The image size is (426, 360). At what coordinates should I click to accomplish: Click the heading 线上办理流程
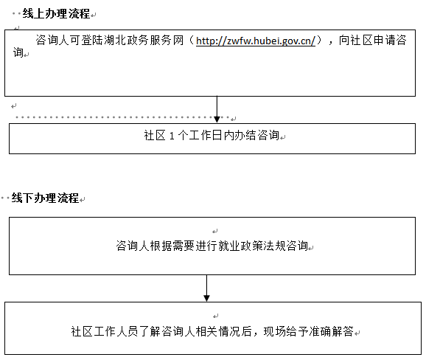coord(56,13)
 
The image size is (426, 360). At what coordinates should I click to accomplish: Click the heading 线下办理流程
coord(45,198)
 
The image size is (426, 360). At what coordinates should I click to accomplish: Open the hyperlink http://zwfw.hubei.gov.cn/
coord(256,41)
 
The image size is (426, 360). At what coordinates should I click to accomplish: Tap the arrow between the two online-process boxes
coord(217,109)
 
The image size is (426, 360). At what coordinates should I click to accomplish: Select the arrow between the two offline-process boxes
coord(206,288)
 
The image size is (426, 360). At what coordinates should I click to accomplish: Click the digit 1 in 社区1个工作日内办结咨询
coord(172,136)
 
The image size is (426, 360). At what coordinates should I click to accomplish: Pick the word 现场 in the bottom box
coord(275,331)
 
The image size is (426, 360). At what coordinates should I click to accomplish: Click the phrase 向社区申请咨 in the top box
coord(372,41)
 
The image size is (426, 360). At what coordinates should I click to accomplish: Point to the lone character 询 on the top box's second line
coord(18,52)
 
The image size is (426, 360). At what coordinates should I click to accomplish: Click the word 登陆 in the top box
coord(92,41)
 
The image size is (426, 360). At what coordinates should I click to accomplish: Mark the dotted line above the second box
coord(122,117)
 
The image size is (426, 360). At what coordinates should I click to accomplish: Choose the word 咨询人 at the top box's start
coord(52,41)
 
